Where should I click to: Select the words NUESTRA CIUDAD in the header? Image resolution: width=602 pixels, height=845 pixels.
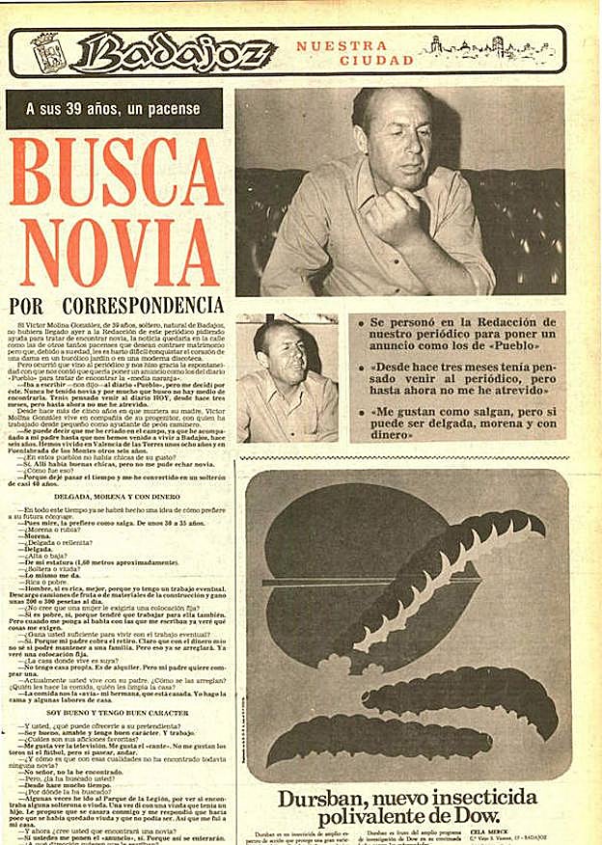coord(342,53)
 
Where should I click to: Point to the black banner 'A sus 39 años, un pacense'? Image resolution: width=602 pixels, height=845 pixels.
coord(113,109)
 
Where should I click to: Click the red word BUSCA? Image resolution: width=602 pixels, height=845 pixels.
coord(113,174)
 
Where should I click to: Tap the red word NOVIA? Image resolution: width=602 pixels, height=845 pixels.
coord(113,253)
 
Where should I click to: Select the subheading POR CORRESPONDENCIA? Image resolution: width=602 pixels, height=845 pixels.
coord(113,306)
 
